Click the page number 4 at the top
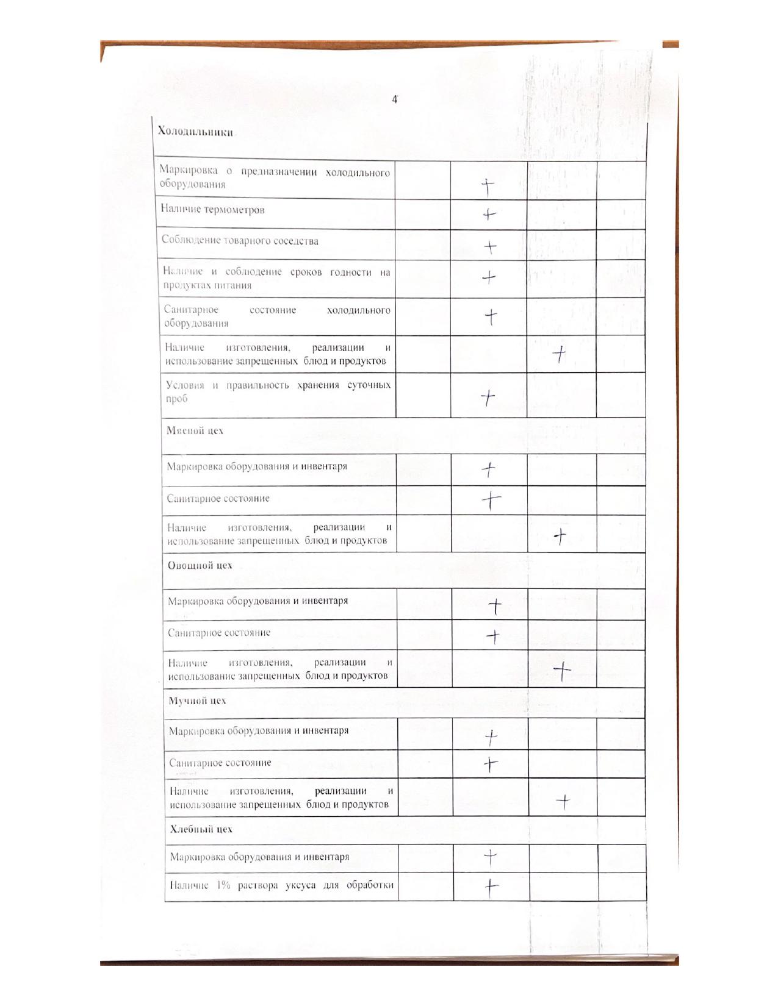(x=395, y=99)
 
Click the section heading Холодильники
(x=195, y=132)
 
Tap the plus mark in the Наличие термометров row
(x=489, y=215)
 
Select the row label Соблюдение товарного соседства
(x=240, y=241)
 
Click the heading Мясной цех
(x=195, y=430)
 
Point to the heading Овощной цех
(x=200, y=565)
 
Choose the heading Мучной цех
(x=197, y=701)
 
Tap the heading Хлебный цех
(x=201, y=829)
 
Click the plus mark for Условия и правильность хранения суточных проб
(x=488, y=398)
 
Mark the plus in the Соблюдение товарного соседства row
(x=490, y=247)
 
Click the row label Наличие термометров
(x=212, y=210)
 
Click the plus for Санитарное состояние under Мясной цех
(x=491, y=501)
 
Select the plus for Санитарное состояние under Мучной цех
(x=491, y=763)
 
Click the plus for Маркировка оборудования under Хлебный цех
(x=491, y=858)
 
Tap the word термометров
(x=234, y=210)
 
